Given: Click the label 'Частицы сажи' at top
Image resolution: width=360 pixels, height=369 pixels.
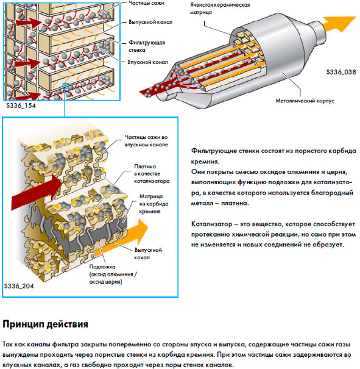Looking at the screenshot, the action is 146,3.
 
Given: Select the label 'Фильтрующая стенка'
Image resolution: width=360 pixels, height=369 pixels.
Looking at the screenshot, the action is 147,46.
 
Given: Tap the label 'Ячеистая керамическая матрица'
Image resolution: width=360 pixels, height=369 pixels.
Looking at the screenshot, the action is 220,9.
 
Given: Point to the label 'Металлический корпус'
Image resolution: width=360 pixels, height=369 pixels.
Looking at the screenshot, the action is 305,101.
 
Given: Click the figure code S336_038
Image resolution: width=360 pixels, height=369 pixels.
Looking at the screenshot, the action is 341,72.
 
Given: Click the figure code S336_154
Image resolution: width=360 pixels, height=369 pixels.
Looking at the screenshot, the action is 21,106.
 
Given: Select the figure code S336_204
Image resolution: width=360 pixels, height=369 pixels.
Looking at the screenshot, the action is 19,286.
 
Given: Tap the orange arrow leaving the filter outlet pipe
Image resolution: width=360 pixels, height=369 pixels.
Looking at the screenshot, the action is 339,24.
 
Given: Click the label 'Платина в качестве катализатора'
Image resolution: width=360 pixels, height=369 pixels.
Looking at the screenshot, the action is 152,174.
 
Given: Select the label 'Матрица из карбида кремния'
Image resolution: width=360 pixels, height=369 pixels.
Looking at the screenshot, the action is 154,204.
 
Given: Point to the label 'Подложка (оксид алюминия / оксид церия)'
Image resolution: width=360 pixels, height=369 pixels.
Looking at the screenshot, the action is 113,274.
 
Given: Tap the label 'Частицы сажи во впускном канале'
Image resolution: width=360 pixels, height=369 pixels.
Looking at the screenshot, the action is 146,141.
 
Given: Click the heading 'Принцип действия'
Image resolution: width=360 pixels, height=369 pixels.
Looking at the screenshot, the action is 45,324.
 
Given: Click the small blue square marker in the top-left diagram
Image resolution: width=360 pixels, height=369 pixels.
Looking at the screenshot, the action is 65,87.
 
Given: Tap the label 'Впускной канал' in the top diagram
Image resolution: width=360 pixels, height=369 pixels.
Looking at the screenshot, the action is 147,62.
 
